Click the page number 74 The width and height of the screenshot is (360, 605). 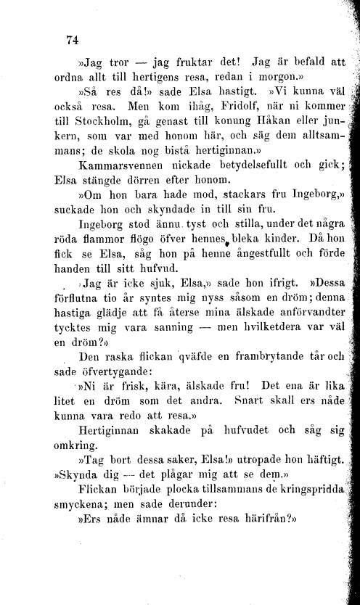[x=71, y=38]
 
